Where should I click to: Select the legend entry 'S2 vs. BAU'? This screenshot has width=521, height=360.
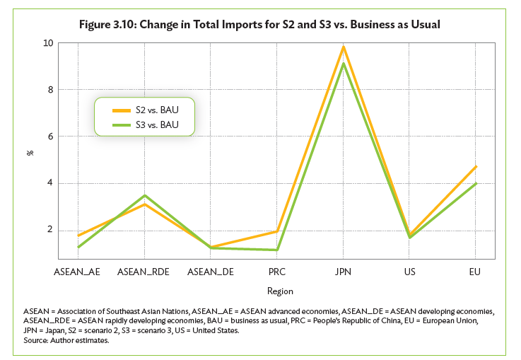[x=156, y=110]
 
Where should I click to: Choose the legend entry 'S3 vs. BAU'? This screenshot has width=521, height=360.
[x=156, y=124]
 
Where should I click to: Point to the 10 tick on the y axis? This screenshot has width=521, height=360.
[x=48, y=43]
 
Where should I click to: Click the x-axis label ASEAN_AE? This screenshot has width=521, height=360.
[x=77, y=271]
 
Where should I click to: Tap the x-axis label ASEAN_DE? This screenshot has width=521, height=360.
[x=210, y=271]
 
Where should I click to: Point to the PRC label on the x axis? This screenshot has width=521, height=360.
[x=276, y=271]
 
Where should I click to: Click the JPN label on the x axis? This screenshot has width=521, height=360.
[x=343, y=271]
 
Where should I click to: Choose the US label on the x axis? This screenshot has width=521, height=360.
[x=409, y=271]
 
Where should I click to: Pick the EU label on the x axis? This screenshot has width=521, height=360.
[x=475, y=271]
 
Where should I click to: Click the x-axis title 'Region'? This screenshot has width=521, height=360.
[x=280, y=291]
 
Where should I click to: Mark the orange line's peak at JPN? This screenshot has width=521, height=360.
[x=343, y=47]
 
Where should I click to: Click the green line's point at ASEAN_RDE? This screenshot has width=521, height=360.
[x=144, y=195]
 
